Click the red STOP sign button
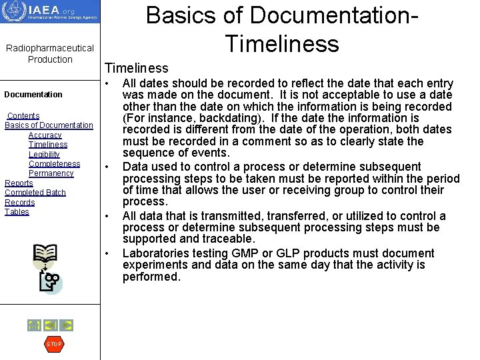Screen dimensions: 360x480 point(53,344)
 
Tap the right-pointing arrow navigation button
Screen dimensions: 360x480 point(67,325)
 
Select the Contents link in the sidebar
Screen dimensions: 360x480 point(23,116)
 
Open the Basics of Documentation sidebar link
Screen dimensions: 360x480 point(49,125)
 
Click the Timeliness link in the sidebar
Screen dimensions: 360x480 point(48,145)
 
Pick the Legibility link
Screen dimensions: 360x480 point(44,155)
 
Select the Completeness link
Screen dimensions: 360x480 point(54,164)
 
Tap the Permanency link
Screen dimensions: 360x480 point(51,173)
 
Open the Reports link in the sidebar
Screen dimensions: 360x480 point(19,183)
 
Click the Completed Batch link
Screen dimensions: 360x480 point(35,193)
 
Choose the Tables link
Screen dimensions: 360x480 point(17,212)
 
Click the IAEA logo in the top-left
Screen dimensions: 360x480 point(50,12)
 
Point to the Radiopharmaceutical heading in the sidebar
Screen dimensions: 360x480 point(50,48)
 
